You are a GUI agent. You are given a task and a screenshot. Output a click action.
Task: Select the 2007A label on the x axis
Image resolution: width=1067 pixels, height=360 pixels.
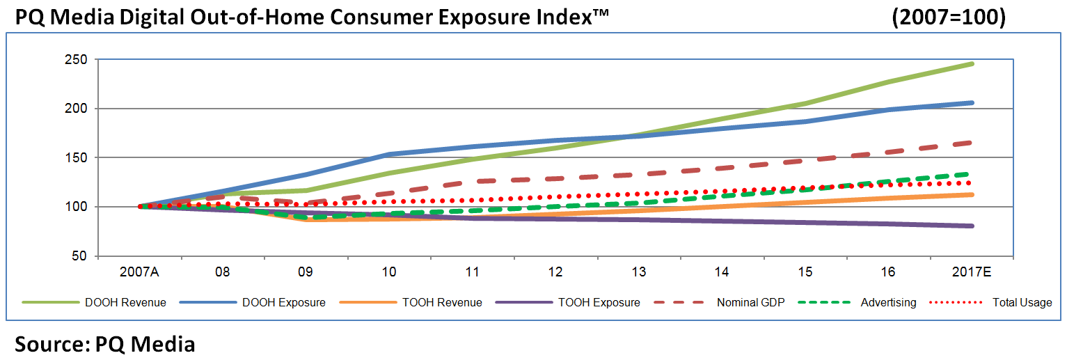coord(139,272)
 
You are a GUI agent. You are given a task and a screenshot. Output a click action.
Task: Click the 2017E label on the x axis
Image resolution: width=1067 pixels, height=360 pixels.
coord(972,272)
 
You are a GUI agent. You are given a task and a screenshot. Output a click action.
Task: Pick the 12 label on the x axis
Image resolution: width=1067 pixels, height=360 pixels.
coord(555,272)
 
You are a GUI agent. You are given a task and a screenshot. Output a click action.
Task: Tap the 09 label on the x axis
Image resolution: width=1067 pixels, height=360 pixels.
coord(306,272)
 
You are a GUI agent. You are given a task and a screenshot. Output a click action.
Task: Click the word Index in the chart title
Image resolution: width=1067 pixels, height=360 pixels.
coord(556,17)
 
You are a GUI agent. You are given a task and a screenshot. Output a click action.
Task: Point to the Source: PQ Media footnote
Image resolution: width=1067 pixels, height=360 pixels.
coord(104,344)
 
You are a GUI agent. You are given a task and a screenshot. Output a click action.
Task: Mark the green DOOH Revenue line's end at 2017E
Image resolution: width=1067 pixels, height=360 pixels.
coord(972,64)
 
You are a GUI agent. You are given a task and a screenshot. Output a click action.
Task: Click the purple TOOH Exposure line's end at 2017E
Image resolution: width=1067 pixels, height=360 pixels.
coord(972,226)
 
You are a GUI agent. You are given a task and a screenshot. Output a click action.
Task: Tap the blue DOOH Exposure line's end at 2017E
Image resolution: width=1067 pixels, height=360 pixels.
coord(972,103)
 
